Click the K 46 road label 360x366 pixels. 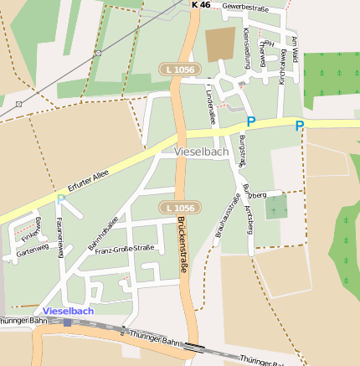click(x=201, y=5)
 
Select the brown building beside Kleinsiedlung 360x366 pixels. click(x=220, y=44)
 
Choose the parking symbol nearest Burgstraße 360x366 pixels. click(x=249, y=121)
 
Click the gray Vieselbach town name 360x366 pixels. click(x=201, y=152)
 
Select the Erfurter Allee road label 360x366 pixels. click(x=89, y=183)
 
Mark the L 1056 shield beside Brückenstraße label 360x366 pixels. click(x=179, y=207)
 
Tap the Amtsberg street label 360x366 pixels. click(x=249, y=219)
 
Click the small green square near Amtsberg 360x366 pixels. click(x=276, y=206)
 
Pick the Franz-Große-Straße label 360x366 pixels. click(x=125, y=249)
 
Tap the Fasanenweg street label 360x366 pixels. click(x=59, y=239)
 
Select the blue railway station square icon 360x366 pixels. click(x=68, y=322)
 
